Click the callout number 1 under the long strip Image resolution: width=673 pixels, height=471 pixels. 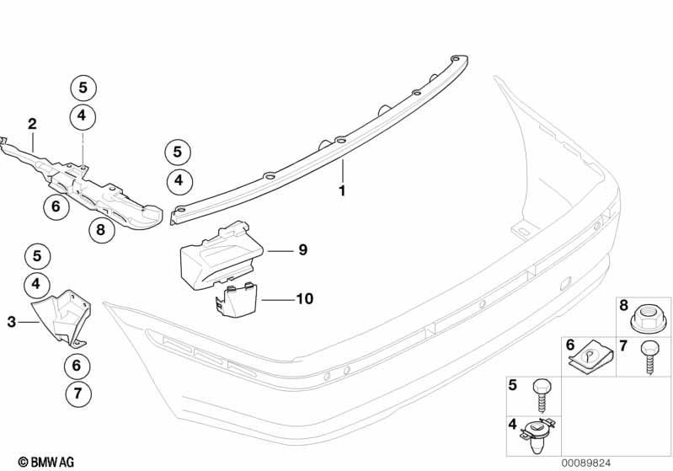[x=342, y=190]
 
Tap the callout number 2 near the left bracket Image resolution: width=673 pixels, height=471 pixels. [x=32, y=124]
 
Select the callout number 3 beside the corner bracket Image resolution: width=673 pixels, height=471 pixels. [x=12, y=322]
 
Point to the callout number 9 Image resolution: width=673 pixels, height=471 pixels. [x=303, y=249]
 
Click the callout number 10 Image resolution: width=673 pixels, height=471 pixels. [x=305, y=298]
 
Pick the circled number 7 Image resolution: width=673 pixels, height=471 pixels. [x=78, y=393]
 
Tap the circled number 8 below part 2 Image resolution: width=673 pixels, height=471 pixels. [x=101, y=230]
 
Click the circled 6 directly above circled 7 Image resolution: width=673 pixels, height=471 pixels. [x=77, y=366]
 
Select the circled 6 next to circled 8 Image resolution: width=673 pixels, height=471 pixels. [x=56, y=206]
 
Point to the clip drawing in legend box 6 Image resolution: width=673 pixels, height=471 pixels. [x=590, y=357]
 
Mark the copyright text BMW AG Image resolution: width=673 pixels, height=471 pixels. [x=46, y=462]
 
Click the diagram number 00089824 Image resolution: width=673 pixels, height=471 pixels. [x=586, y=463]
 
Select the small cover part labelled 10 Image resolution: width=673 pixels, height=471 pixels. [x=235, y=300]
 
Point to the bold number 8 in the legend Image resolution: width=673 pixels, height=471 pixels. [x=623, y=305]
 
